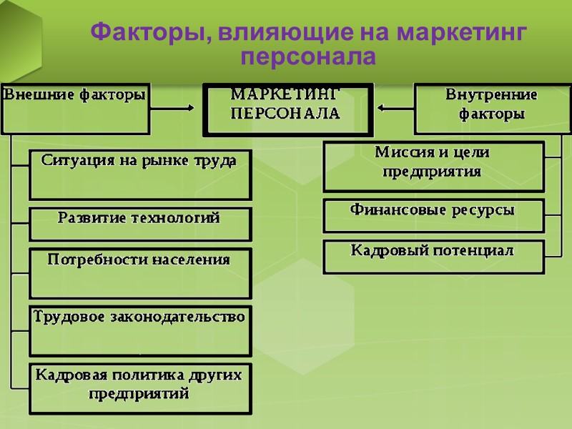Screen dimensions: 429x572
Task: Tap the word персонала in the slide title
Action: [309, 56]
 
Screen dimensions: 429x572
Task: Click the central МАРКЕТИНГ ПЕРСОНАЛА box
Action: [287, 109]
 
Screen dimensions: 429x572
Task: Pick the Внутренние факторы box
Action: [491, 108]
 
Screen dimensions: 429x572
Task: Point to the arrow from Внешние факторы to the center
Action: [172, 109]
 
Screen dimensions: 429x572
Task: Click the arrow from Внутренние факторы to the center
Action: [395, 109]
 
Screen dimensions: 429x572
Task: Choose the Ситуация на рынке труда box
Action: [139, 174]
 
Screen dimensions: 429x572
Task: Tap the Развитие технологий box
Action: [139, 224]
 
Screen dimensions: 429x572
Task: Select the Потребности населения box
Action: [139, 272]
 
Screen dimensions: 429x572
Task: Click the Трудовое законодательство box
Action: [139, 330]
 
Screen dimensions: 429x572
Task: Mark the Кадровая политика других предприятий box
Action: [139, 388]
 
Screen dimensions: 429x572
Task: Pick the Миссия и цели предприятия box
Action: [433, 166]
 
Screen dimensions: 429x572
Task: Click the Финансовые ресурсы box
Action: [433, 215]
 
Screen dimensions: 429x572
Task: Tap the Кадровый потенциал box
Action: [433, 257]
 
